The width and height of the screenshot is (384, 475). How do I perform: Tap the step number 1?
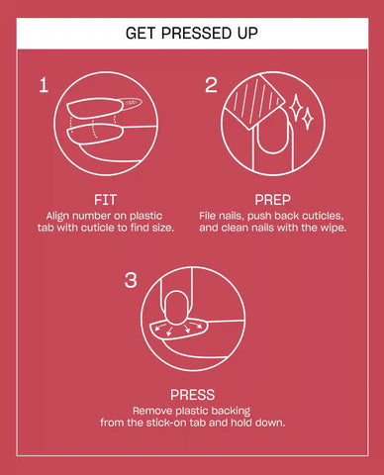44,85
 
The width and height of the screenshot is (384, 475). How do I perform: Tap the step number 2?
211,85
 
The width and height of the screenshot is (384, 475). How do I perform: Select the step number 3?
131,280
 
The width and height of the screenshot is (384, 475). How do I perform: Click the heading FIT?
105,200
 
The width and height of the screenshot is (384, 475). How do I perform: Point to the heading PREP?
272,200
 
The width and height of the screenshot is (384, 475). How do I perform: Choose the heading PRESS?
192,395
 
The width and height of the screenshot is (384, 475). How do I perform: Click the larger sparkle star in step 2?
295,107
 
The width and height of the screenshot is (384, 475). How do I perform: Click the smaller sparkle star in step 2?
308,118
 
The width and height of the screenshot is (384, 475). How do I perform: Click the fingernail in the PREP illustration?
272,132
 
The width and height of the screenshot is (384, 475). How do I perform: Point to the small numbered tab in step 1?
132,103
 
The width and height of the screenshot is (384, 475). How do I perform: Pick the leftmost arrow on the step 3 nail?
159,328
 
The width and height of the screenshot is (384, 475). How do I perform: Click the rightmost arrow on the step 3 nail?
198,325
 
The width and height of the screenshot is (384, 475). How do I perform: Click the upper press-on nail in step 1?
95,108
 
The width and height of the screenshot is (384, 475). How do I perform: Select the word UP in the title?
247,34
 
